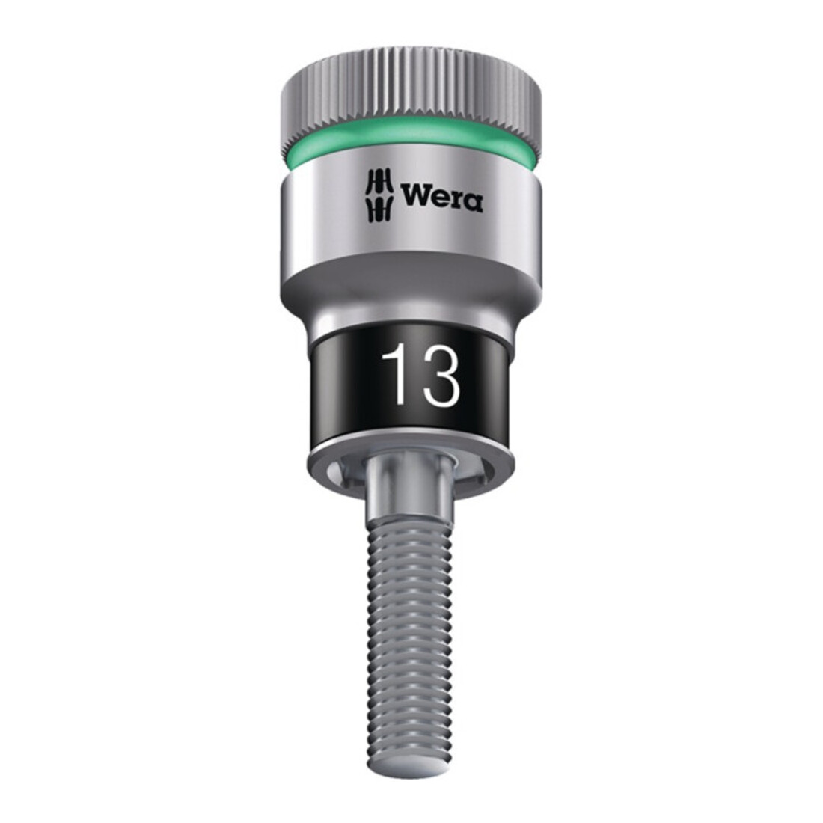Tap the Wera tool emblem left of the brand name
[379, 196]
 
